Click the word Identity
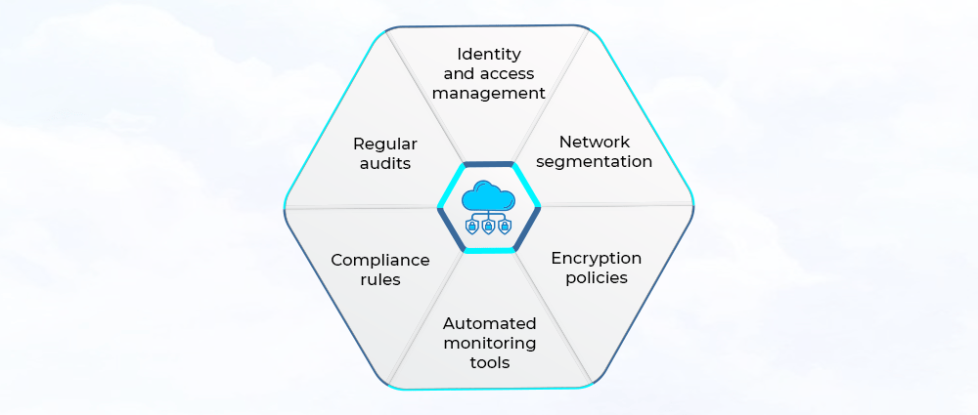489,54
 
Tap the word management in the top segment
489,94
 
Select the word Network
595,142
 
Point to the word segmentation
595,161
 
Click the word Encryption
596,258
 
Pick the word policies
596,277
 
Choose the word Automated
489,323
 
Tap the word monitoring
489,343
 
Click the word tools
489,362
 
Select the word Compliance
380,260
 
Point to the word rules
380,279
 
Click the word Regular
385,144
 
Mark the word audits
385,163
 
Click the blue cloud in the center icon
489,194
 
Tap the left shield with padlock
472,227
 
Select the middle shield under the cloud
489,227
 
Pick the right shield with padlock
506,227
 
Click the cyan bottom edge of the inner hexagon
489,250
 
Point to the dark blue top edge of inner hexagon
489,164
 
